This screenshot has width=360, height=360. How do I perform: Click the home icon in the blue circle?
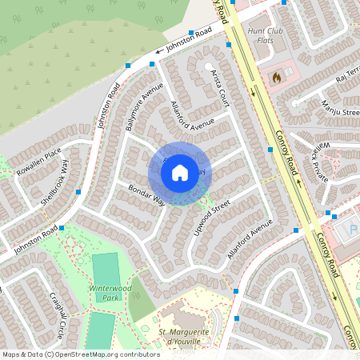point(180,172)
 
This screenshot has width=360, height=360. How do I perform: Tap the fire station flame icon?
point(277,78)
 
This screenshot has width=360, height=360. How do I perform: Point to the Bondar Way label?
point(146,194)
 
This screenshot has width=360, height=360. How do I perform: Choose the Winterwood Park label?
point(108,292)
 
